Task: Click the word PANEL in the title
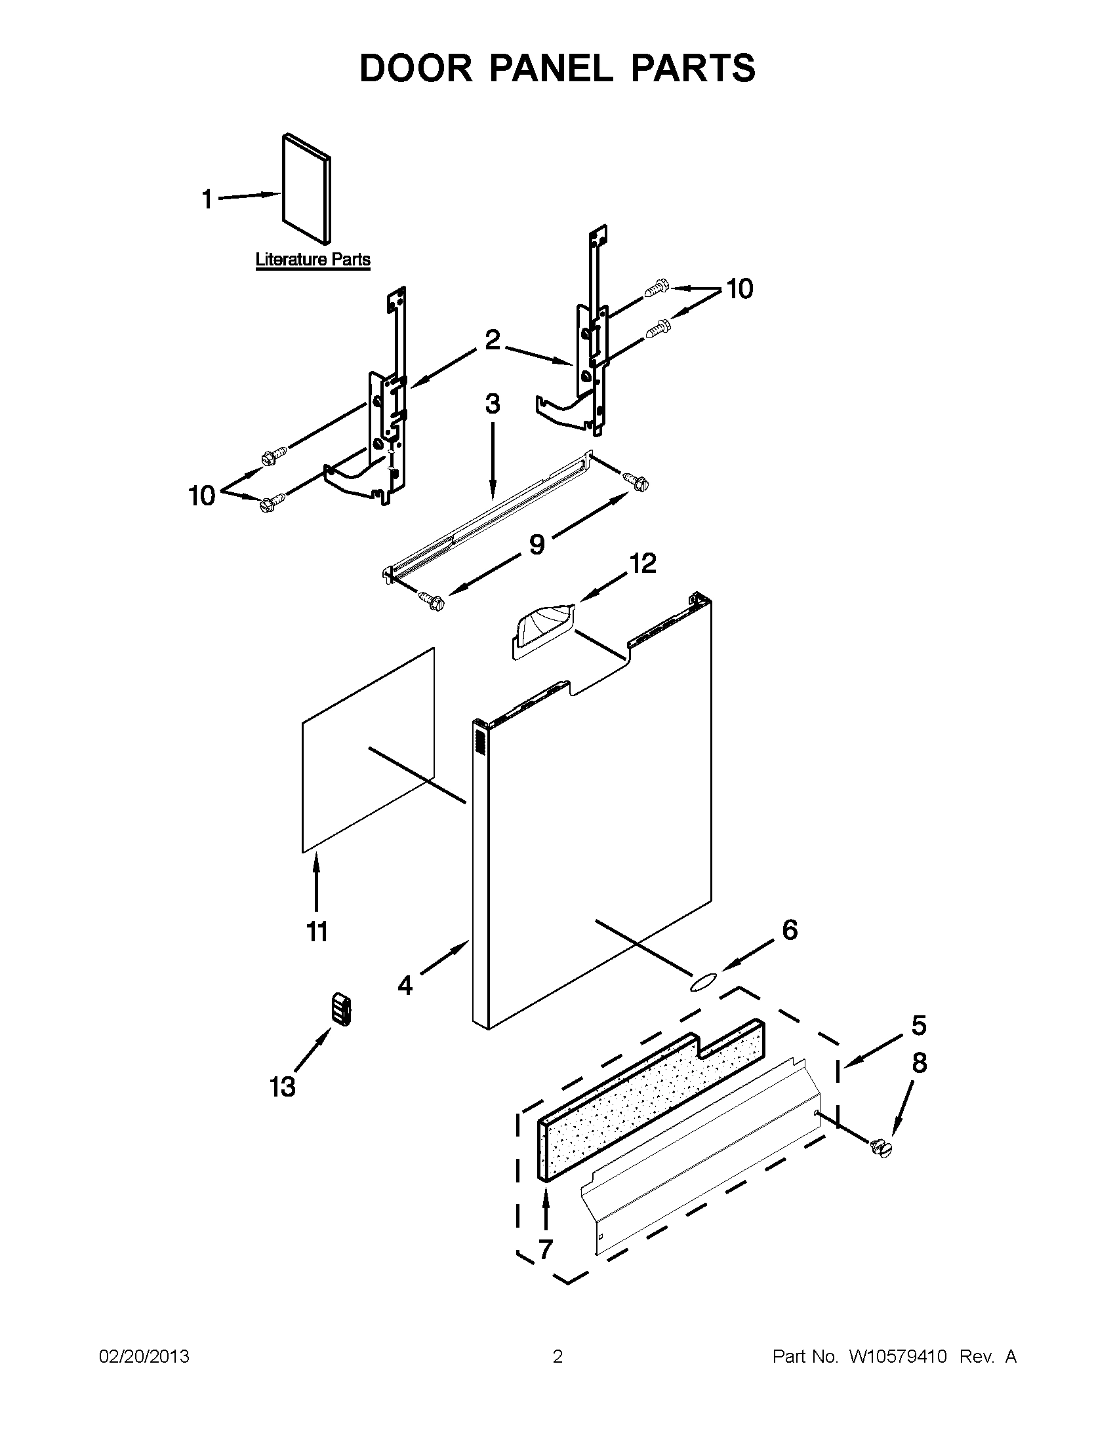coord(550,68)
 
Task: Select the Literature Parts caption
coord(312,260)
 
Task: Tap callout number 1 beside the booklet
coord(207,199)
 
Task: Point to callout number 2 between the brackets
coord(492,340)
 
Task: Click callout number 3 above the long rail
coord(493,403)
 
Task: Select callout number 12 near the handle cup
coord(643,563)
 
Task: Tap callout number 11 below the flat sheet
coord(316,931)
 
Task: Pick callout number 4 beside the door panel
coord(405,1004)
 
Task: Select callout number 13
coord(283,1086)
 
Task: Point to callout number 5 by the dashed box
coord(919,1025)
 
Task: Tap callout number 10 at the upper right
coord(740,288)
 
